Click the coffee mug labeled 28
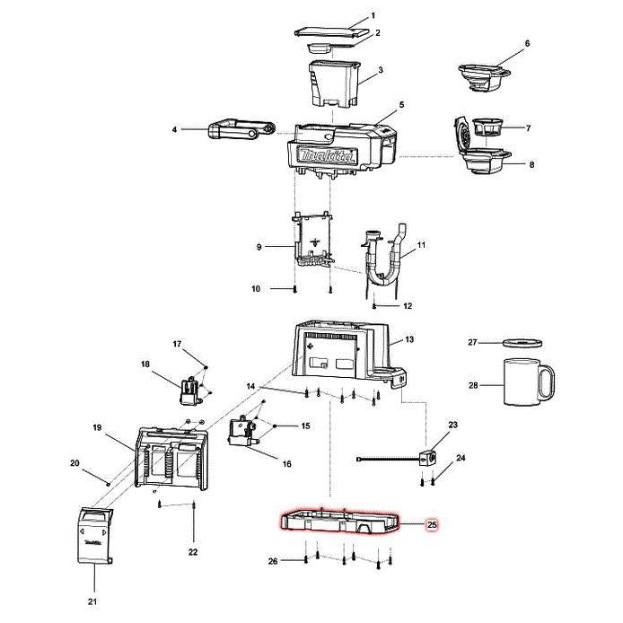coord(524,385)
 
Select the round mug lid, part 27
coord(522,343)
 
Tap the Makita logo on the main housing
coord(326,157)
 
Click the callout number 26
coord(273,561)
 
